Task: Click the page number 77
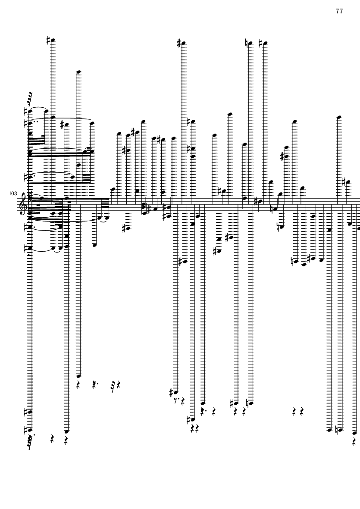[339, 11]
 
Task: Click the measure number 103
[13, 194]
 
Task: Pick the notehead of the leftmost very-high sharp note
[53, 40]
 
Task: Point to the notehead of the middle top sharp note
[183, 43]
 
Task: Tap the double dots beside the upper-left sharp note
[35, 122]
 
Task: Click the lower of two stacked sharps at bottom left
[26, 431]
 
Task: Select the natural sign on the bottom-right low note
[337, 431]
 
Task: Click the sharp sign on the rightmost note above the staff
[344, 182]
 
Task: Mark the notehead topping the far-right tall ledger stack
[339, 117]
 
